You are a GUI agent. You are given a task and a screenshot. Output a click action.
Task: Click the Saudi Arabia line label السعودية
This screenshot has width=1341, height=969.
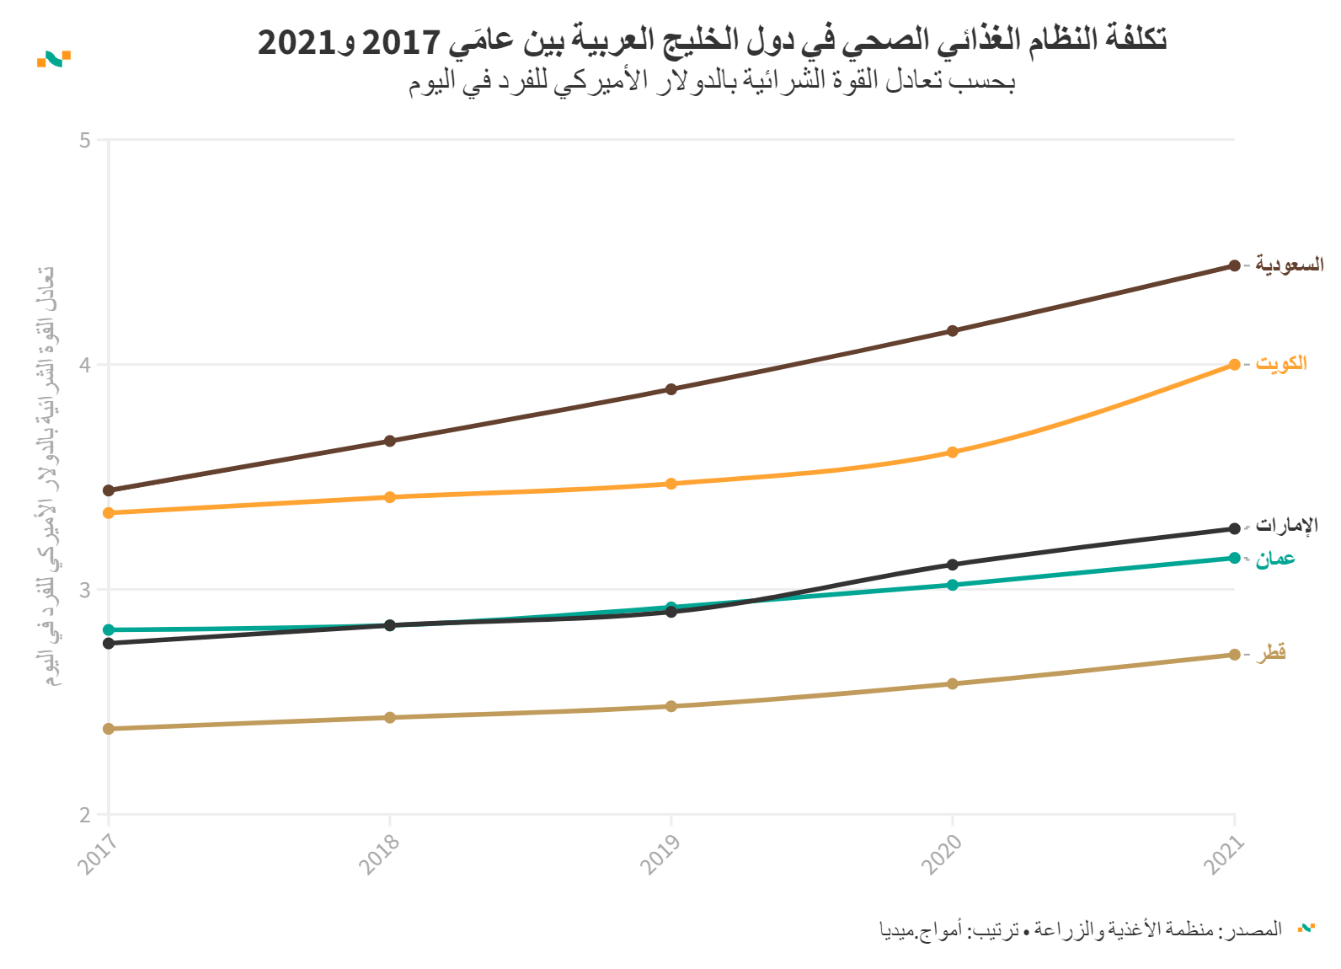point(1289,265)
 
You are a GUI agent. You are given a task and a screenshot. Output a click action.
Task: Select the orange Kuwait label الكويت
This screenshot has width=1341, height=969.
point(1281,363)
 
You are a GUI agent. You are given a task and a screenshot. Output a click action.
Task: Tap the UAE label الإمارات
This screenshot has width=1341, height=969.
point(1286,526)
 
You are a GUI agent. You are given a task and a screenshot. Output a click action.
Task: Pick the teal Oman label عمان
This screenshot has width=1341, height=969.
point(1275,559)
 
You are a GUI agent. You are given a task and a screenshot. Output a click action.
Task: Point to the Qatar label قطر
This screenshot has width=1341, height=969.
point(1272,653)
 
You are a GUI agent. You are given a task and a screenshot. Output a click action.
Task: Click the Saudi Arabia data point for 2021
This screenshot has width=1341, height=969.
point(1234,265)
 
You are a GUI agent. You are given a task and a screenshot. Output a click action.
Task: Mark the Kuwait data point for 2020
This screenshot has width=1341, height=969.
point(953,452)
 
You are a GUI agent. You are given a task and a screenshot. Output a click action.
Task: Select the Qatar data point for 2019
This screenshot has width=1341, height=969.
point(671,706)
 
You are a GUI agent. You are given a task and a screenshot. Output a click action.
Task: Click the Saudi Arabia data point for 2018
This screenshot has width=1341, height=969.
point(390,441)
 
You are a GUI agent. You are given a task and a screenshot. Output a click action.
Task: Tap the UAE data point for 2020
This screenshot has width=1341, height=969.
point(953,565)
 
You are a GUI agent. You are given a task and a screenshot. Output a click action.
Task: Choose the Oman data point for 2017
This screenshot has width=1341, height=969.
point(109,629)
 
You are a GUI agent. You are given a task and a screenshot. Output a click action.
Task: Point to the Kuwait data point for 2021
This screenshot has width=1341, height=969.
point(1234,365)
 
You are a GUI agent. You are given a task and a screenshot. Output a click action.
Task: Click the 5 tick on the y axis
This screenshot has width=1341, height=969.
point(85,140)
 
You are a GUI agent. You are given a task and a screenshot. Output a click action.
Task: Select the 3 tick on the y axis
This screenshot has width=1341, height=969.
point(85,590)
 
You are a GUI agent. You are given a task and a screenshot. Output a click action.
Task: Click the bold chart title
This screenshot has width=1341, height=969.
point(712,40)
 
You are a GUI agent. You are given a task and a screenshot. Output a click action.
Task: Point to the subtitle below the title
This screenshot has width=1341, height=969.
point(712,81)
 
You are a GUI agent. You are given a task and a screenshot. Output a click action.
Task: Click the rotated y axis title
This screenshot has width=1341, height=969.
point(47,476)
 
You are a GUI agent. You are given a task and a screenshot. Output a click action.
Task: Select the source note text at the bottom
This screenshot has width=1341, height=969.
point(1081,929)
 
